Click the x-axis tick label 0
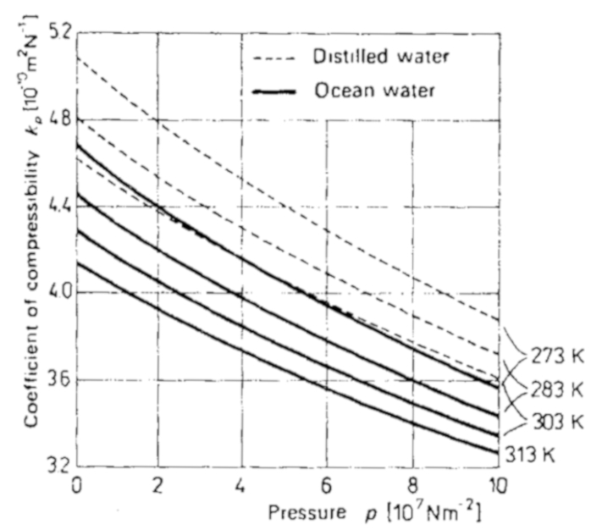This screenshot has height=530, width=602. tap(77, 485)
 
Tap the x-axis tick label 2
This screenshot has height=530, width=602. tap(160, 485)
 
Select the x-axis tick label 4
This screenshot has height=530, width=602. tap(244, 485)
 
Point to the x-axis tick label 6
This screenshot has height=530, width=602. tap(328, 485)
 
